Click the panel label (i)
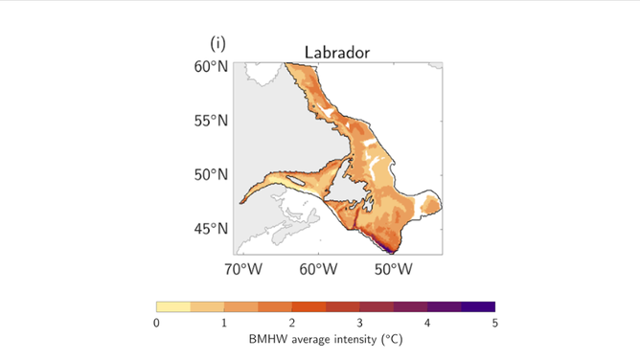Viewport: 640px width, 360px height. click(218, 44)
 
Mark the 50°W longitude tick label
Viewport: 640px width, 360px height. click(393, 269)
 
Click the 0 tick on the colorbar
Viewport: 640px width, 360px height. click(157, 323)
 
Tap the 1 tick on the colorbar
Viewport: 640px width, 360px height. click(224, 323)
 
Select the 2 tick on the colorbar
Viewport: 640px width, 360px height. click(292, 323)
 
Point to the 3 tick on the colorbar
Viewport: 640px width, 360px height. click(360, 323)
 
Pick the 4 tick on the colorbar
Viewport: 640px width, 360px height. click(427, 323)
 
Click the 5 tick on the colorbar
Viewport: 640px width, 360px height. click(494, 323)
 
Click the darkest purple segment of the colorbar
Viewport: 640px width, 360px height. click(478, 307)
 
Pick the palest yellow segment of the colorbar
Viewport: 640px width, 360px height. click(173, 307)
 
